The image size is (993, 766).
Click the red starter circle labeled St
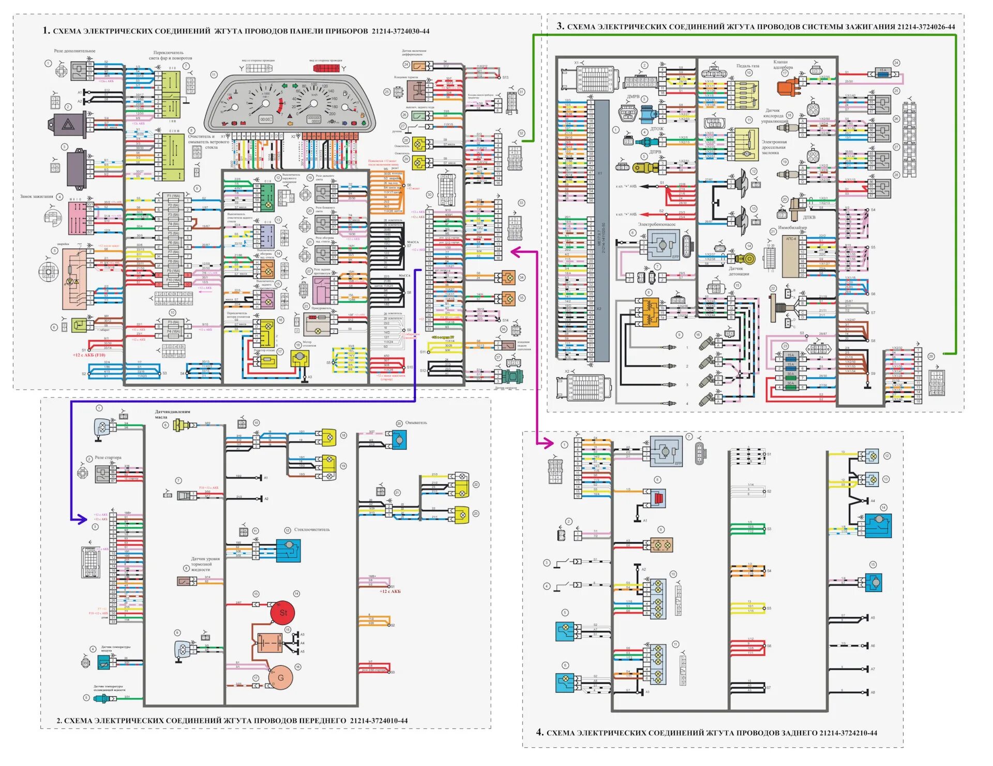(283, 612)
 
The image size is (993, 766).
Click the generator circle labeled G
(281, 678)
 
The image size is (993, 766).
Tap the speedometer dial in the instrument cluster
(313, 102)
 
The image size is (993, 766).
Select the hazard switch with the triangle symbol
(68, 125)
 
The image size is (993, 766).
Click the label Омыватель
(416, 423)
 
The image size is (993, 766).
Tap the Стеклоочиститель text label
(312, 530)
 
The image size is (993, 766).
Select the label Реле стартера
(108, 458)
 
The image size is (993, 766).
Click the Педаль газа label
(747, 66)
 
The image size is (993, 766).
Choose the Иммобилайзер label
(792, 227)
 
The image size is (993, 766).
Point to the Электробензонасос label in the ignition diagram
(656, 225)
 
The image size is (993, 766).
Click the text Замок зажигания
(37, 197)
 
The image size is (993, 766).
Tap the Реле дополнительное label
(74, 51)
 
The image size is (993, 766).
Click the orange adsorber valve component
(787, 87)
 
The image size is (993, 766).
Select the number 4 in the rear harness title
(539, 732)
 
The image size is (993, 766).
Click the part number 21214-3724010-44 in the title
(379, 721)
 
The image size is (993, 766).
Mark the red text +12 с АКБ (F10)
(89, 355)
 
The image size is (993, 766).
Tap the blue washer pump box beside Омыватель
(399, 440)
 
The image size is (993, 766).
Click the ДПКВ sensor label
(809, 218)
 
